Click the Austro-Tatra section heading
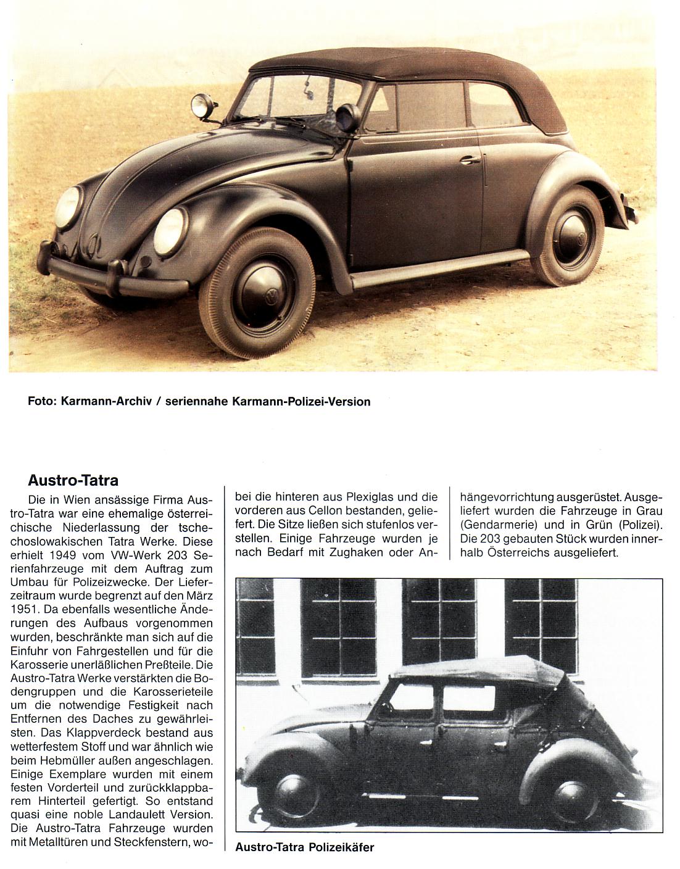tap(73, 480)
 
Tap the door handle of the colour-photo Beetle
tap(470, 160)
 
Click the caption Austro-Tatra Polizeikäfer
tap(304, 847)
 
